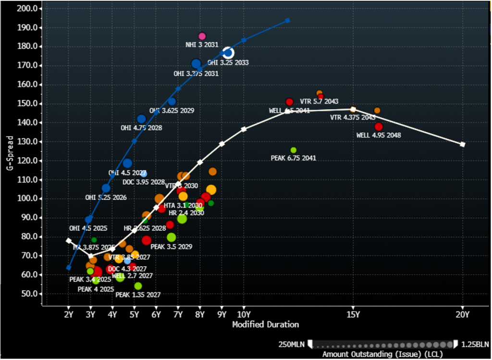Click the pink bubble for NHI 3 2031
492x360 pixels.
point(202,36)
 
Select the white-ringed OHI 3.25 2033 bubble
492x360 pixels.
point(228,53)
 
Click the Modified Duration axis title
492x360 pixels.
point(265,324)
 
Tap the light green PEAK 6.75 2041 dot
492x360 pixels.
point(294,150)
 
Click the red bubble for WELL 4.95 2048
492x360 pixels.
point(379,126)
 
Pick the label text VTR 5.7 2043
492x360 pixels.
point(319,101)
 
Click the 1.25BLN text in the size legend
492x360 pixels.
point(475,344)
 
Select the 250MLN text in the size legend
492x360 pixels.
point(292,344)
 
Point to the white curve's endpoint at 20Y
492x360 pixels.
point(462,144)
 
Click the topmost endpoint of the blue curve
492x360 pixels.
point(287,20)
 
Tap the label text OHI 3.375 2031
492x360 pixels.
point(196,74)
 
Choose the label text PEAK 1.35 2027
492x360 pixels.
point(138,295)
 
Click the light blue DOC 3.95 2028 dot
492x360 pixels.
point(144,174)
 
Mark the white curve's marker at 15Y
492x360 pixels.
point(353,109)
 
